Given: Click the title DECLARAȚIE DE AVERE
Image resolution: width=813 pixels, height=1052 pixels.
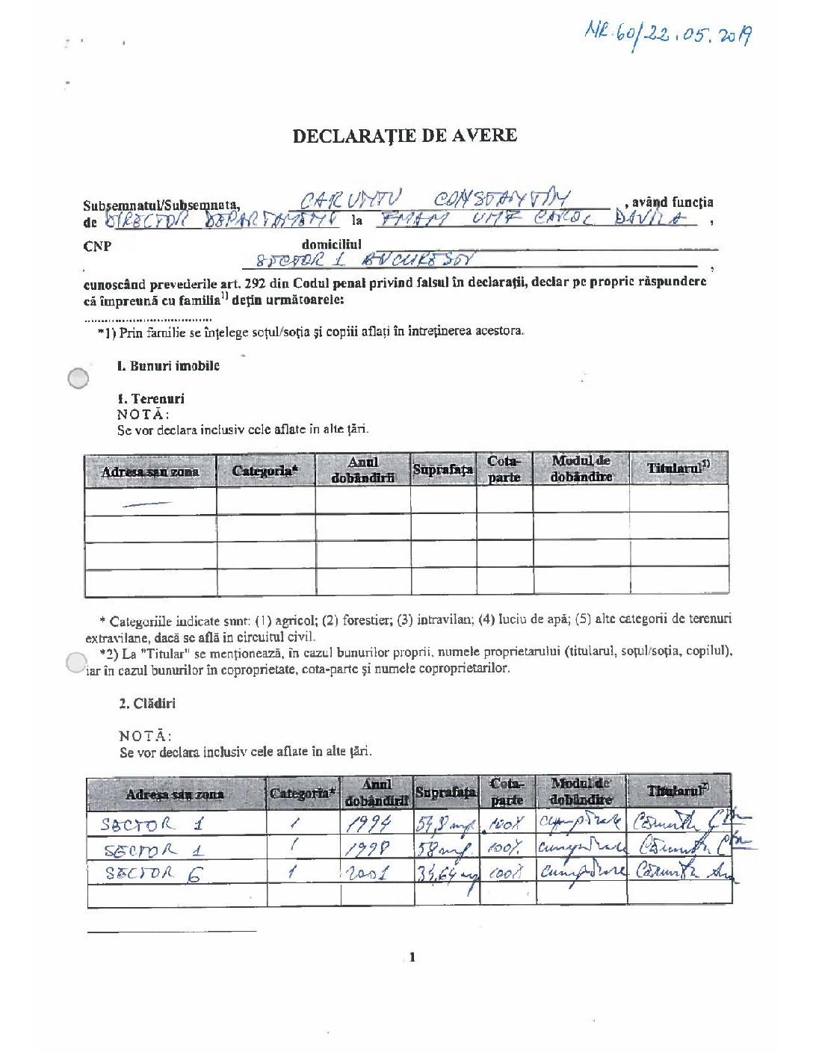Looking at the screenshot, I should pos(404,136).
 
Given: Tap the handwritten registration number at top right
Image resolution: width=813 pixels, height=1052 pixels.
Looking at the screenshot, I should pos(668,34).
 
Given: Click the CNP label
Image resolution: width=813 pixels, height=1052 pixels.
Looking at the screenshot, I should pos(97,247).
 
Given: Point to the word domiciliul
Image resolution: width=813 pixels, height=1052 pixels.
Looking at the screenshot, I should pos(331,244).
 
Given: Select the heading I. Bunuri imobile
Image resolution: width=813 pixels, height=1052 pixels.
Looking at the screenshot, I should pos(168,366).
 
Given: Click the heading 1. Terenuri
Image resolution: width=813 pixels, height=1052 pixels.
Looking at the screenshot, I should pos(150,399).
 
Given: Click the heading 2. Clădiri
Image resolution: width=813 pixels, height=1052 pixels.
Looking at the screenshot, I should pos(147,704).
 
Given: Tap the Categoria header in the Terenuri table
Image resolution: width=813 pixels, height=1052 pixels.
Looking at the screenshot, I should pos(265,471).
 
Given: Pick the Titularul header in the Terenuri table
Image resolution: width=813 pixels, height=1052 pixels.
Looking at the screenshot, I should pos(678,468).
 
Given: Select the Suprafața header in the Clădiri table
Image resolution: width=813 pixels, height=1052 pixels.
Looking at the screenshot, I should pos(445,793).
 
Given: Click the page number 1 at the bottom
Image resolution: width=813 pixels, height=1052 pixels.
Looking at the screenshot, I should pos(412,957).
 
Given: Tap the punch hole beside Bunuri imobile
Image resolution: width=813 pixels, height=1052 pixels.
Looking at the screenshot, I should pos(78,379).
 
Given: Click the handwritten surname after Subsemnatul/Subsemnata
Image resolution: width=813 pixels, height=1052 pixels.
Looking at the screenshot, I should pos(350,200).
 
